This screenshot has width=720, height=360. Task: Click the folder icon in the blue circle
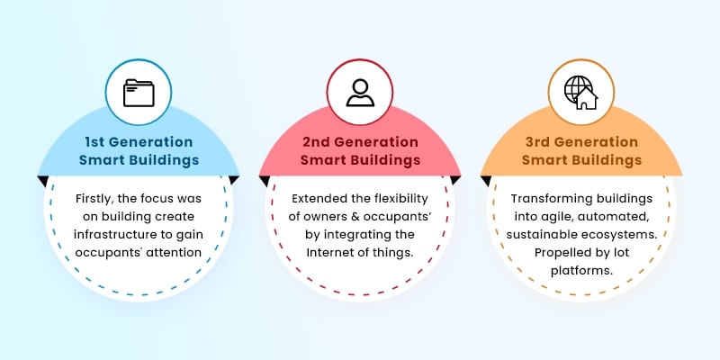139,93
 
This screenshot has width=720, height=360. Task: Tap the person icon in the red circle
360,93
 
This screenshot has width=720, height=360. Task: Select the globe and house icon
580,93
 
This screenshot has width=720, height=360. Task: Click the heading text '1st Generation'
139,142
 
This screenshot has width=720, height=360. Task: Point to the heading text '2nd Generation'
360,142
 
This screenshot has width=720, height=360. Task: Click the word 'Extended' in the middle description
318,198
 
